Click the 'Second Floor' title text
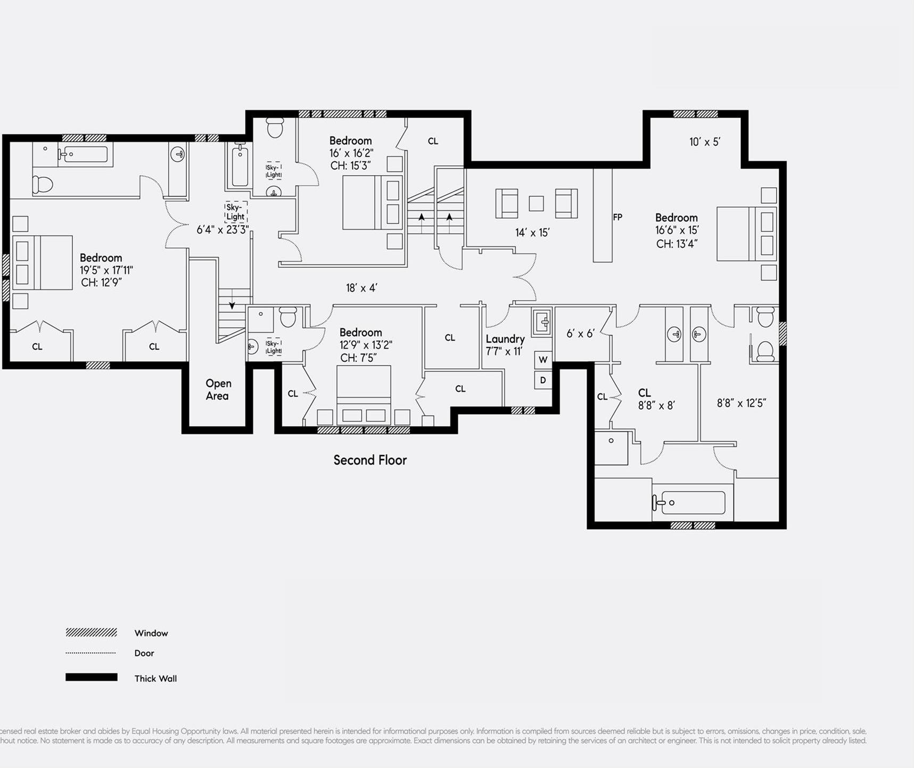point(370,460)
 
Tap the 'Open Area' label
point(218,390)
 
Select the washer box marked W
point(543,360)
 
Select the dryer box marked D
point(543,380)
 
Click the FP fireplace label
point(617,217)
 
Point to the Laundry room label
point(505,339)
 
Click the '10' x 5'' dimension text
point(704,142)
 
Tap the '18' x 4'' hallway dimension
point(361,288)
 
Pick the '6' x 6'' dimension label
point(580,334)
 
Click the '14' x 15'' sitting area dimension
point(532,233)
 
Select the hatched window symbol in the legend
point(91,632)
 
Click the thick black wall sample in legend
point(91,677)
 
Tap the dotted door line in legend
point(90,653)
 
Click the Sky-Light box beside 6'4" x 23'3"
point(235,212)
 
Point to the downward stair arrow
point(232,304)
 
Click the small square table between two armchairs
point(536,203)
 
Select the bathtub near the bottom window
point(689,502)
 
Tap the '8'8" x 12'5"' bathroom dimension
point(741,403)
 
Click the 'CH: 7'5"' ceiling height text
point(358,358)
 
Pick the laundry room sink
point(542,321)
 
